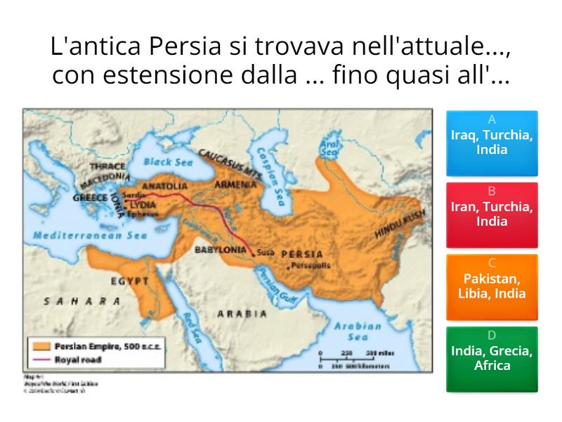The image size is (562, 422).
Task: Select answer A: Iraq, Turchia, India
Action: click(492, 143)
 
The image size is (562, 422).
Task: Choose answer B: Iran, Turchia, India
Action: click(492, 215)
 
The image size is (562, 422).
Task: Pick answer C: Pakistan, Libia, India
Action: click(492, 286)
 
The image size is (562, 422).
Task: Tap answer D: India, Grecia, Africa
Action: click(492, 358)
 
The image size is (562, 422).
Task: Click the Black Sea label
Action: click(168, 162)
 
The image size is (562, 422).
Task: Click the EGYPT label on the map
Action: click(129, 281)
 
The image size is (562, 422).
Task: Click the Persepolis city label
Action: click(308, 265)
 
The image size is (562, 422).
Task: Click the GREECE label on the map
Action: click(90, 198)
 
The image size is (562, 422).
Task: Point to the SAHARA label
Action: click(82, 300)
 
